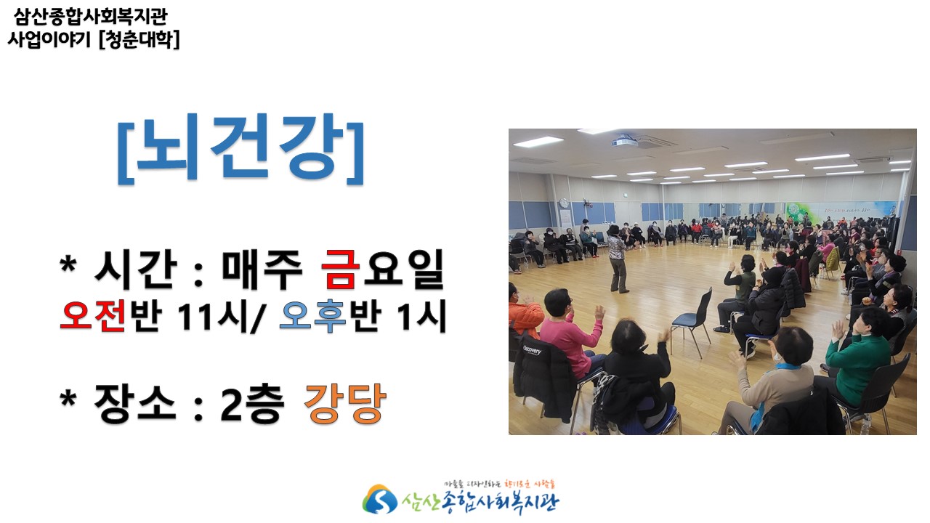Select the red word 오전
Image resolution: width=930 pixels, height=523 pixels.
click(x=92, y=315)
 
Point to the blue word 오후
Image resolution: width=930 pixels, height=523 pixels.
click(x=312, y=315)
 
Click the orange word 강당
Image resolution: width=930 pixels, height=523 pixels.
click(x=345, y=403)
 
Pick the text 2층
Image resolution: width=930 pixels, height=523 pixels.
click(x=252, y=403)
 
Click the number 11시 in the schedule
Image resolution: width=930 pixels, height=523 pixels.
click(x=211, y=316)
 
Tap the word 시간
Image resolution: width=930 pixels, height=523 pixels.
click(x=136, y=269)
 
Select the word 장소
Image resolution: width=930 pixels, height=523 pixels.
click(x=134, y=403)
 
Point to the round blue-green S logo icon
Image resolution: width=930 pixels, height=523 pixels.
click(x=379, y=499)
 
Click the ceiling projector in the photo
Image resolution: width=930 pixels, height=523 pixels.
click(x=624, y=142)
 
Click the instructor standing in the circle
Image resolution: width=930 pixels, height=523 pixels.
click(x=618, y=258)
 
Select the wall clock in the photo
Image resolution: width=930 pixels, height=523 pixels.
click(x=563, y=203)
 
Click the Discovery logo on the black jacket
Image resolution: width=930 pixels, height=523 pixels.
click(x=532, y=350)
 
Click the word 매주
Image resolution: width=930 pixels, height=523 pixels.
click(x=262, y=269)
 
